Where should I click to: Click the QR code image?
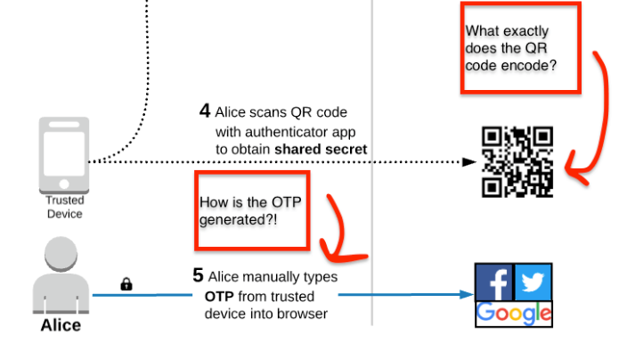point(517,161)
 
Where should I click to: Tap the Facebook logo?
point(494,283)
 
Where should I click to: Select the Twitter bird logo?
point(533,282)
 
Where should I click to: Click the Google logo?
point(514,314)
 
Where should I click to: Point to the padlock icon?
point(126,284)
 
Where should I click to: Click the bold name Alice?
point(61,325)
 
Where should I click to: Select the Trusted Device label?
point(64,208)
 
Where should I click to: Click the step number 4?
point(205,111)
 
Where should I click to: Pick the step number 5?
point(199,276)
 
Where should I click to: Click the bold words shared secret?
point(325,149)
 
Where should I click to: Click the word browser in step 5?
point(303,314)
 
